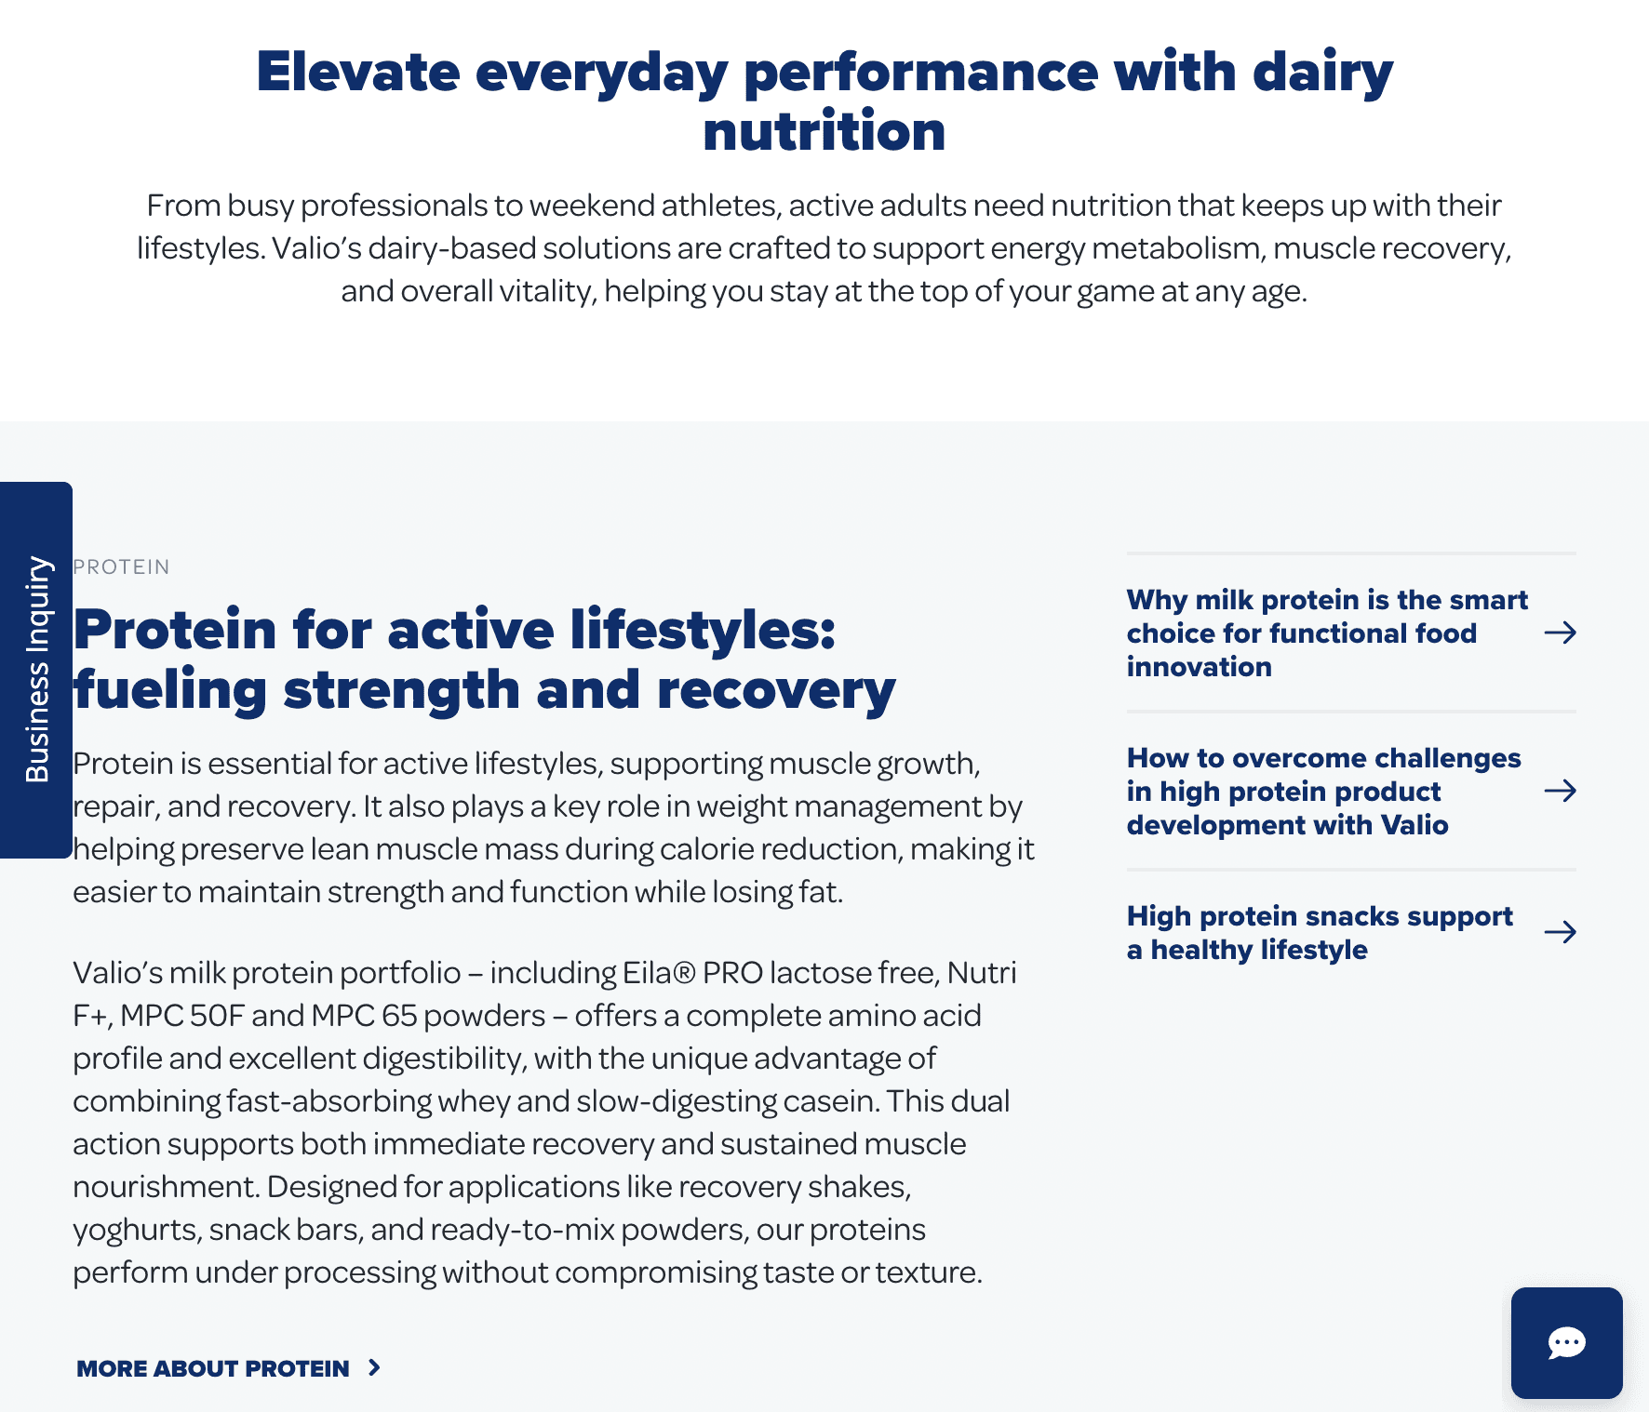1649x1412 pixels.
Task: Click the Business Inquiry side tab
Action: point(36,670)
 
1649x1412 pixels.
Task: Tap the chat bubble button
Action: point(1566,1342)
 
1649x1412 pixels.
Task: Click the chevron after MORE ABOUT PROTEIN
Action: point(374,1367)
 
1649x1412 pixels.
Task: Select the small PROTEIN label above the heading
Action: point(121,567)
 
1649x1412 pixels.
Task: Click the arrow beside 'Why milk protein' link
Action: point(1560,633)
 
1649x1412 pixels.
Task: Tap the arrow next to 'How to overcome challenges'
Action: point(1560,791)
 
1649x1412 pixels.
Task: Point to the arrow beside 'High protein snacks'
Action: point(1560,932)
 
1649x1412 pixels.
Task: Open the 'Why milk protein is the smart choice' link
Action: point(1327,633)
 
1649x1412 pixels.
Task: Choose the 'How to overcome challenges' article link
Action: point(1323,792)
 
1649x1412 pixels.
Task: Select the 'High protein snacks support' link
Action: point(1320,933)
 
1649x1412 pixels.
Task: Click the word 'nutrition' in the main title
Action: point(824,131)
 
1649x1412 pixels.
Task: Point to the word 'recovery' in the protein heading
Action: point(776,691)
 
